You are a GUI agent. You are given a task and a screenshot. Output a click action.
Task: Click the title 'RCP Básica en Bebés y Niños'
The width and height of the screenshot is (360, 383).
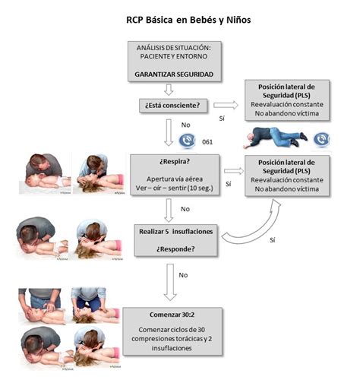pos(179,19)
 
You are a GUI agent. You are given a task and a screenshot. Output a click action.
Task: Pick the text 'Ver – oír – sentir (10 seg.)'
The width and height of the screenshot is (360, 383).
pos(175,185)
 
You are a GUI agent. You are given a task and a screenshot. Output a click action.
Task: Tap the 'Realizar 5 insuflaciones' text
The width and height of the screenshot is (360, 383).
pos(175,229)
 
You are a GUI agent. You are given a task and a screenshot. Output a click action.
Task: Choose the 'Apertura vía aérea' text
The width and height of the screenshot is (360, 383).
pos(175,176)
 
